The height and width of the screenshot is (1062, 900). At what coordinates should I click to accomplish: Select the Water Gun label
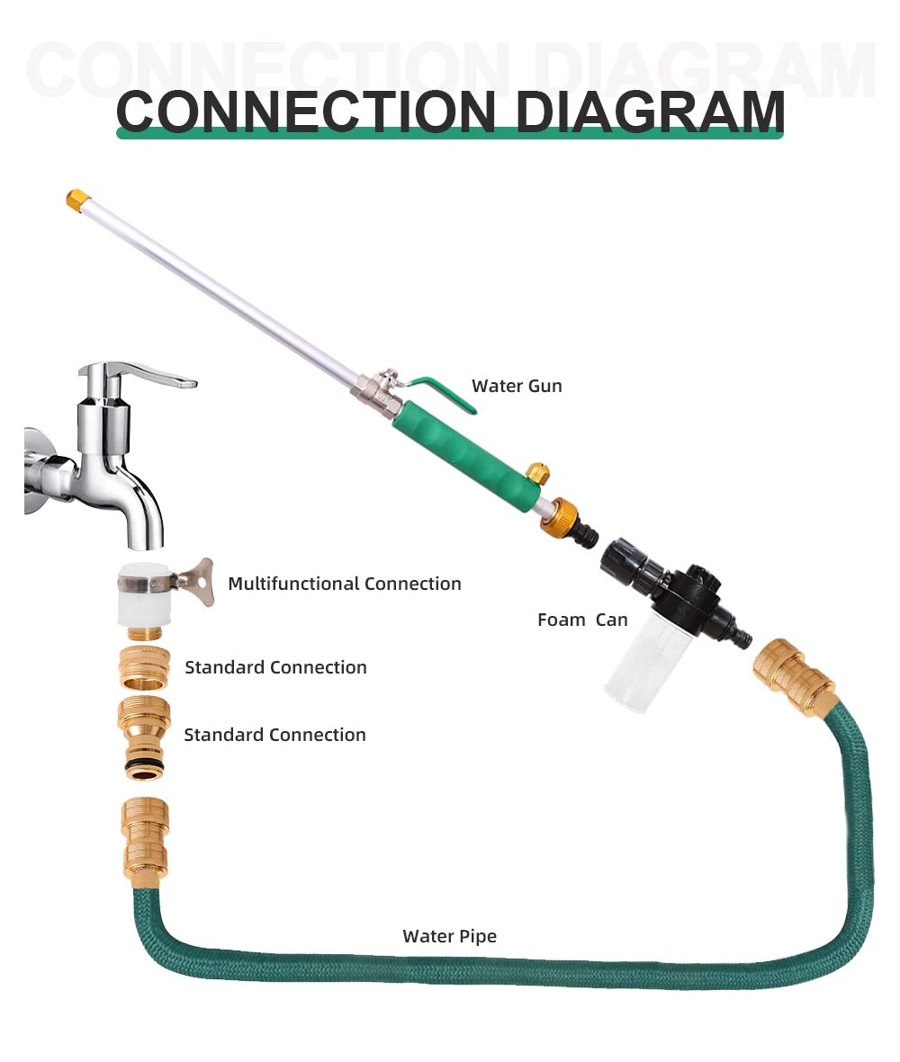pyautogui.click(x=517, y=386)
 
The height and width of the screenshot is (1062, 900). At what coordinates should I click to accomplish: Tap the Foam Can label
pyautogui.click(x=581, y=620)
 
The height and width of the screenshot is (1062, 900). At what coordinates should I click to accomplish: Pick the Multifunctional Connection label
pyautogui.click(x=345, y=584)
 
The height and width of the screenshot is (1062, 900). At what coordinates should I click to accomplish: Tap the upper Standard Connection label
pyautogui.click(x=275, y=667)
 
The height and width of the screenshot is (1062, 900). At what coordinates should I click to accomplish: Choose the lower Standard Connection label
pyautogui.click(x=274, y=735)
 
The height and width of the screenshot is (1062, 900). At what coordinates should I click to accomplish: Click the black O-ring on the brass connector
pyautogui.click(x=143, y=765)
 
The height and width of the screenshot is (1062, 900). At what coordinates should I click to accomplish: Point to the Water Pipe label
pyautogui.click(x=449, y=936)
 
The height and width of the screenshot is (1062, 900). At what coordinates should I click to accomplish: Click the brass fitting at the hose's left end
pyautogui.click(x=143, y=836)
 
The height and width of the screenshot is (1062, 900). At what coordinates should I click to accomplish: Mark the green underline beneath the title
pyautogui.click(x=449, y=134)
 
